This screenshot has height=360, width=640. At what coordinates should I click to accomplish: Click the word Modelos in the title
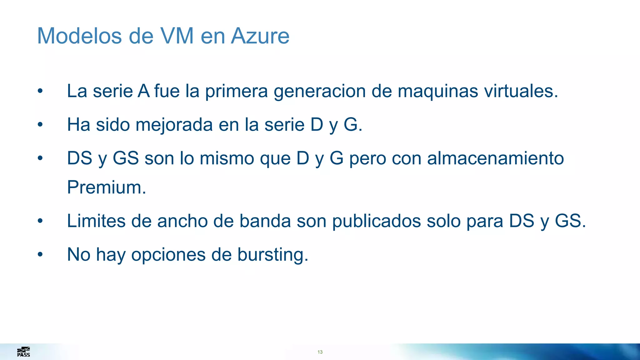[79, 36]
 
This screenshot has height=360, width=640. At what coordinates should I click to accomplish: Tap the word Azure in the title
[260, 36]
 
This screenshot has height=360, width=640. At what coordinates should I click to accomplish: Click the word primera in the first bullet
[236, 91]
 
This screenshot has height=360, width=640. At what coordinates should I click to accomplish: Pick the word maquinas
[438, 91]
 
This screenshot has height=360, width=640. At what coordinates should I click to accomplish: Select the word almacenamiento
[495, 158]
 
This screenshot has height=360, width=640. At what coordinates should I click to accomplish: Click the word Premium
[107, 187]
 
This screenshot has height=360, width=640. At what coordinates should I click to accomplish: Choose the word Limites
[96, 221]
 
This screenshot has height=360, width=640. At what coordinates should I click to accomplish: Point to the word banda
[265, 221]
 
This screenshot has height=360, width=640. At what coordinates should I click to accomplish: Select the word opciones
[168, 255]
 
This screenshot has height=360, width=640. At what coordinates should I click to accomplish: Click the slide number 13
[320, 352]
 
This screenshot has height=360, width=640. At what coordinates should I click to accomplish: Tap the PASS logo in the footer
[23, 352]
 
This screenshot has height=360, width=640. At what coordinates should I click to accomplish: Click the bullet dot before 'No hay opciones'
[40, 254]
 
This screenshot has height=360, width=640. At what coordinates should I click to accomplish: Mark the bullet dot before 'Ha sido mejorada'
[40, 125]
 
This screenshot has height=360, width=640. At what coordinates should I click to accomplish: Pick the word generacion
[320, 91]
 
